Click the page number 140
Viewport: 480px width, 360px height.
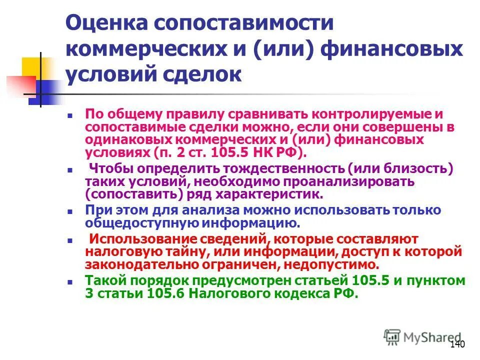457,344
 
